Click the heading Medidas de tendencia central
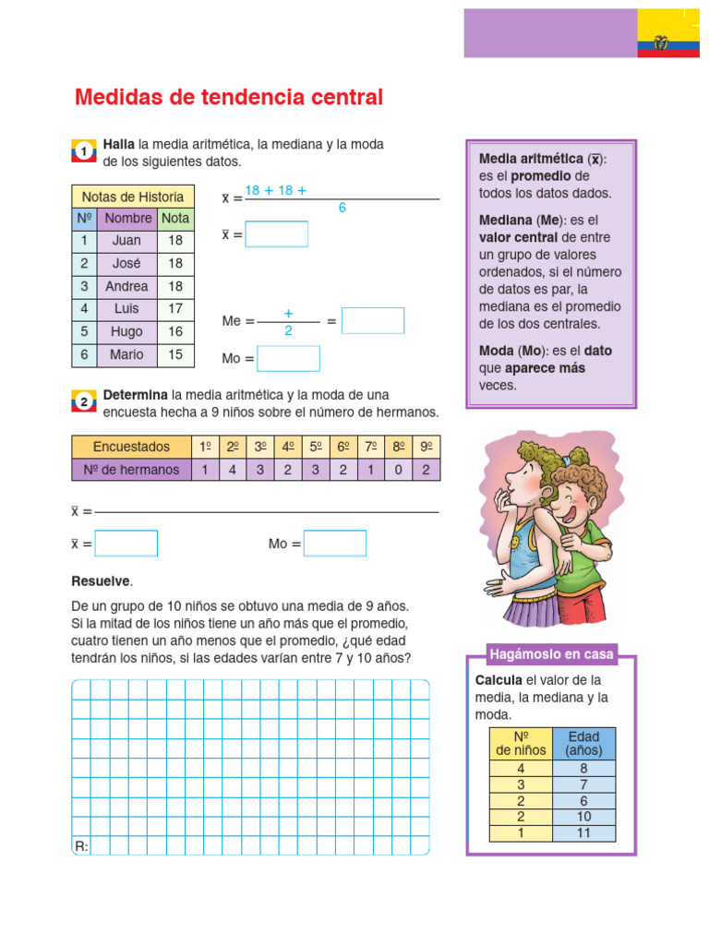(228, 98)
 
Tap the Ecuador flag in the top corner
(667, 34)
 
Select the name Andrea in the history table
(126, 286)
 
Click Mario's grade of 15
(175, 354)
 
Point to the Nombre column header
(127, 219)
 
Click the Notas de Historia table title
(133, 197)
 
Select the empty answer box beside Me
(373, 321)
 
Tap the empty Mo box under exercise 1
(288, 358)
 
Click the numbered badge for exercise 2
(83, 401)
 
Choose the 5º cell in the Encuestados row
(316, 447)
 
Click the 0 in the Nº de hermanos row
(399, 470)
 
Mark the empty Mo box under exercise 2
(334, 544)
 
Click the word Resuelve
(102, 581)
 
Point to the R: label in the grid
(81, 845)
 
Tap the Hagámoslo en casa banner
(552, 654)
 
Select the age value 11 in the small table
(583, 833)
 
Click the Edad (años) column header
(583, 743)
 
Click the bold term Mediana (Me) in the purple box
(521, 221)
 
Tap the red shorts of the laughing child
(581, 604)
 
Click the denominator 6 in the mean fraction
(342, 209)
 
